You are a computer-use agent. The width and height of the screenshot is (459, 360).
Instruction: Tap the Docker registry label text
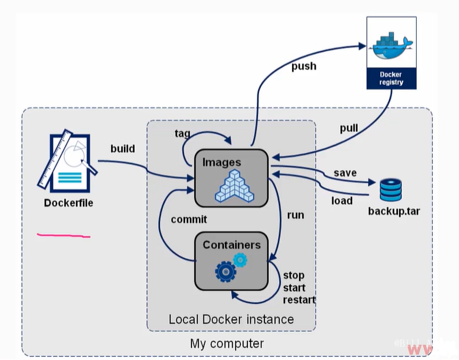click(x=391, y=78)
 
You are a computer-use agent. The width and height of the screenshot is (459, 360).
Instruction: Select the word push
click(x=304, y=66)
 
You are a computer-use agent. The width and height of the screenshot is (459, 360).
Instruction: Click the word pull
click(x=349, y=128)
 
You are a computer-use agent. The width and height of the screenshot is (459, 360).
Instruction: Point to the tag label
click(x=182, y=134)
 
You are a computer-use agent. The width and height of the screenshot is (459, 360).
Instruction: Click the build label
click(x=123, y=148)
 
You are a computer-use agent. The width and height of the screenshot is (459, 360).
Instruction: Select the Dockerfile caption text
click(x=69, y=203)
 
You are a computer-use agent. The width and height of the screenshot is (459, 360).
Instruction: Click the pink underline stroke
click(x=63, y=235)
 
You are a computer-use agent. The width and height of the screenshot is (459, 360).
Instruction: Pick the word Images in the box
click(x=222, y=162)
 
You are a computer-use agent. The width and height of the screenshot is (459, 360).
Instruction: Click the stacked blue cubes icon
click(x=234, y=186)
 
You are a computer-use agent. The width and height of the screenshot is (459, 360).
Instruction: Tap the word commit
click(x=189, y=219)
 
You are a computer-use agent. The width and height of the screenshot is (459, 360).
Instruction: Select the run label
click(x=296, y=215)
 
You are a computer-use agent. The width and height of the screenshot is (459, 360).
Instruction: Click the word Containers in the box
click(x=232, y=245)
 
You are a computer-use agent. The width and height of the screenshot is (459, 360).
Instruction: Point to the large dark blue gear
click(x=226, y=272)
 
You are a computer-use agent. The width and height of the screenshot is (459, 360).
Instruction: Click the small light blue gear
click(x=240, y=260)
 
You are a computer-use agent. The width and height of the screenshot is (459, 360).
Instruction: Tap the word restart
click(x=299, y=300)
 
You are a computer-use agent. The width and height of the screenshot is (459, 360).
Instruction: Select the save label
click(x=345, y=173)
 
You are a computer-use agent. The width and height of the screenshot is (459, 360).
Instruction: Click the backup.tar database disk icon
click(x=390, y=190)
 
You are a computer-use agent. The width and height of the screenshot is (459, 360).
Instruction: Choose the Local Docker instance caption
click(x=231, y=319)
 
